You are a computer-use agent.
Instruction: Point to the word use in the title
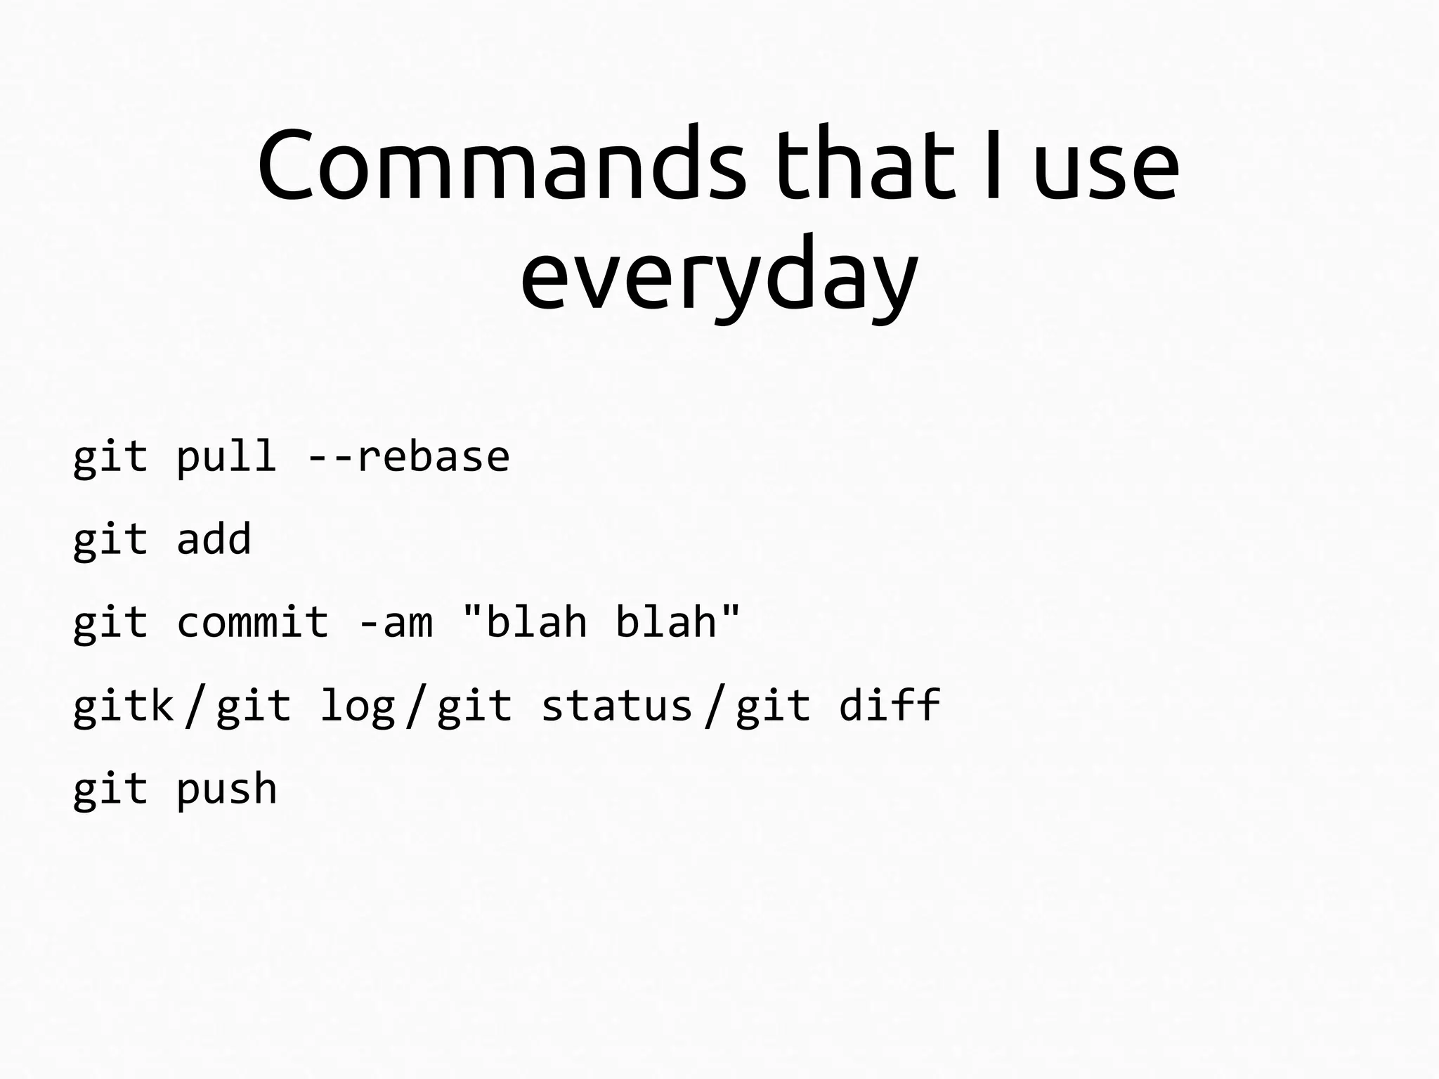point(1105,169)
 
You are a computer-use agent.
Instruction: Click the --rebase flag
point(408,457)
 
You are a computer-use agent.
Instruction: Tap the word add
point(214,539)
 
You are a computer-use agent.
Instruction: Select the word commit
point(252,622)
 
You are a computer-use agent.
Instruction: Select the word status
point(616,706)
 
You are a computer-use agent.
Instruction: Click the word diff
point(890,704)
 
